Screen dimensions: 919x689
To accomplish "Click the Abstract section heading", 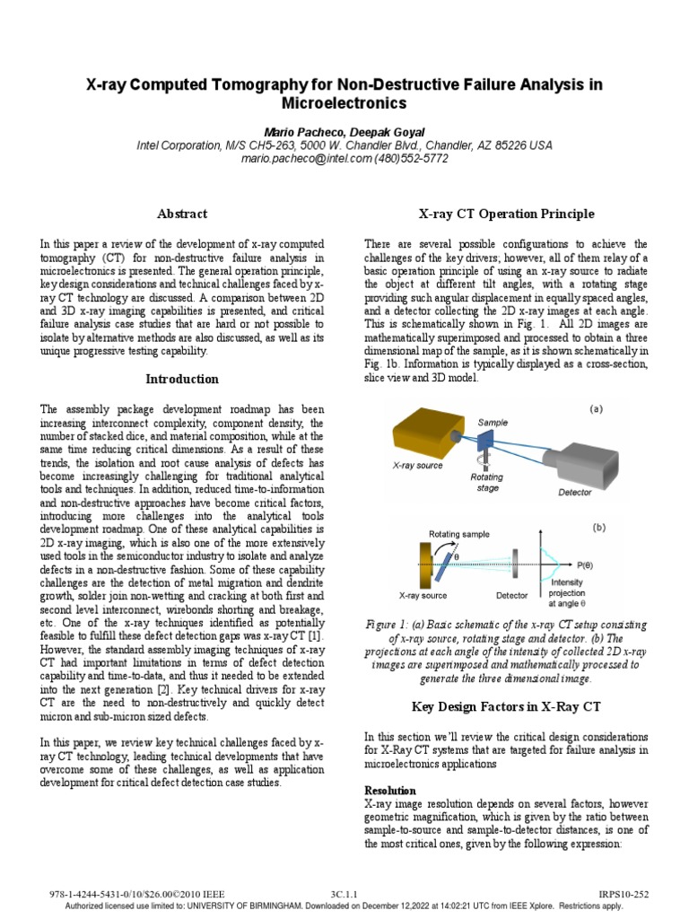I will point(182,214).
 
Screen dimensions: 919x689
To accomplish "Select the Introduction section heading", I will point(182,379).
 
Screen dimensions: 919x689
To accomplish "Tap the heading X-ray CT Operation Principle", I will point(506,214).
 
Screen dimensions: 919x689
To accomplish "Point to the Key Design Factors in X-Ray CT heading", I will point(506,705).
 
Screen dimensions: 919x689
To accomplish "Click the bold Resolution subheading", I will point(390,790).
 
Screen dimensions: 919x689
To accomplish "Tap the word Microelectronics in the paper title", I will point(344,103).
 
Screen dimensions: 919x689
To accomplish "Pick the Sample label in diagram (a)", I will point(493,422).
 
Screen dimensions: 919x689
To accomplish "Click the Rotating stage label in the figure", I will point(486,483).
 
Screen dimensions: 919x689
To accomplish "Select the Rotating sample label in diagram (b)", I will point(459,534).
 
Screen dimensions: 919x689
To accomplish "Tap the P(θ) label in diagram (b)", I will point(584,565).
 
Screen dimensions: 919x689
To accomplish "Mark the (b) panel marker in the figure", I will point(598,528).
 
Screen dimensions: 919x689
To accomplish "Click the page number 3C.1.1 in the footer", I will point(344,895).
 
